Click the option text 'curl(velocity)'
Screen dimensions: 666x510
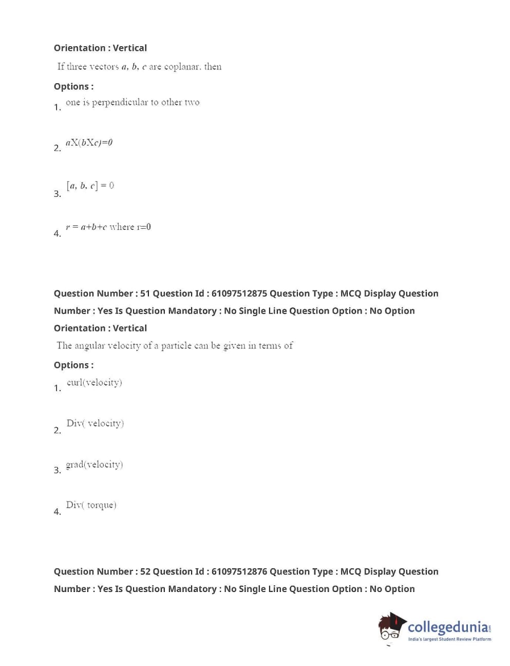point(95,382)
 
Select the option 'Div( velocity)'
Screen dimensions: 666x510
point(95,423)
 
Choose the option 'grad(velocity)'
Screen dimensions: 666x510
point(95,465)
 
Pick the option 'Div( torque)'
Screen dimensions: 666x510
point(91,505)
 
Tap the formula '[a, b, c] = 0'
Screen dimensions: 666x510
point(90,186)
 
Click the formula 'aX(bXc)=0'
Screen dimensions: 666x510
point(89,142)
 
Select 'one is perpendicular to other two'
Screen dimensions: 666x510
point(133,102)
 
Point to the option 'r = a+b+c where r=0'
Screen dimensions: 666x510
point(108,227)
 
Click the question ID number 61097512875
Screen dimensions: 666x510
point(239,293)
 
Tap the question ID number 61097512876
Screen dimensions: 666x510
point(239,571)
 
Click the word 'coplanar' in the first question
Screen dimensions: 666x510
point(182,67)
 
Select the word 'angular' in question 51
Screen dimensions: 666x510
point(89,346)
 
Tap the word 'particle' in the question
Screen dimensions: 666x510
point(176,346)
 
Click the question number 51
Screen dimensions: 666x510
point(145,293)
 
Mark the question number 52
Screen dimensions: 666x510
point(145,571)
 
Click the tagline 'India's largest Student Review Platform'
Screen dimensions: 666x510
point(449,639)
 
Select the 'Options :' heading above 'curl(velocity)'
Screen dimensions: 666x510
point(73,365)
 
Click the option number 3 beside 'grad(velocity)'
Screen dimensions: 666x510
point(57,470)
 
